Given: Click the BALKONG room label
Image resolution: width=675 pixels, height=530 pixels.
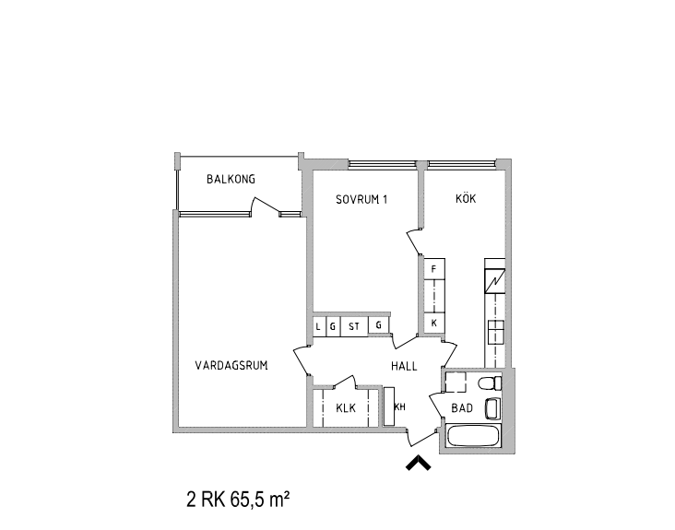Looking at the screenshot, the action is tap(231, 179).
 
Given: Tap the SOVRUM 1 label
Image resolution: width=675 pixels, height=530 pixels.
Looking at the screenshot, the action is tap(361, 200).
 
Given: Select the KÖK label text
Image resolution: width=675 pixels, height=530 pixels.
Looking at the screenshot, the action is tap(466, 198).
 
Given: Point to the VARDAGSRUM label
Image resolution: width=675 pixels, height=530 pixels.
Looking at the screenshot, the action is tap(231, 365).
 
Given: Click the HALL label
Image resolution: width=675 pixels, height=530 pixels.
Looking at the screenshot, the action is tap(404, 366).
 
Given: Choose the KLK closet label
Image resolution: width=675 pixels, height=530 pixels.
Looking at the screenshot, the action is tap(346, 407).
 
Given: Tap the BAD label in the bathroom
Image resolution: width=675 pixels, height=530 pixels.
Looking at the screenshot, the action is tap(462, 407).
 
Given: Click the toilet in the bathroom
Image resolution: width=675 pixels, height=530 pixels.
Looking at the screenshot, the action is tap(491, 383).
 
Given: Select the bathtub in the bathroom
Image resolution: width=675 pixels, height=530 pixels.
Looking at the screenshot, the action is tap(474, 436).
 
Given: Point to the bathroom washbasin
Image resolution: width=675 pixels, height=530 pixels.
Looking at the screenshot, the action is tap(492, 408).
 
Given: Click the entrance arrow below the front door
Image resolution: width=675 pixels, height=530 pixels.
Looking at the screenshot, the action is tap(419, 464).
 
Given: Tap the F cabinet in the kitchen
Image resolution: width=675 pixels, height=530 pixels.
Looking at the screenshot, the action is tap(434, 269).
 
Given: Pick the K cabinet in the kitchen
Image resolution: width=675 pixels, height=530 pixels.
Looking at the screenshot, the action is tap(434, 324).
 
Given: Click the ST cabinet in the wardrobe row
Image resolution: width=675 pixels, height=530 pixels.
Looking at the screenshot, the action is tap(354, 326).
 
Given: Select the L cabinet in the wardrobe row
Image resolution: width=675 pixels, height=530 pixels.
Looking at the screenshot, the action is tap(318, 326).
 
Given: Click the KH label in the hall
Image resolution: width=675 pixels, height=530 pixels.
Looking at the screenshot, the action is tap(400, 406).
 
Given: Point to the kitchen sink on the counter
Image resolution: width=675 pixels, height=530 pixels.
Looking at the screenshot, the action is tap(495, 331).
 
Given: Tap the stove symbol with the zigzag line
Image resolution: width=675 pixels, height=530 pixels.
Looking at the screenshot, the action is tap(494, 281).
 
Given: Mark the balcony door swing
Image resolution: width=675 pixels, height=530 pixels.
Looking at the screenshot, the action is tap(266, 205).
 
